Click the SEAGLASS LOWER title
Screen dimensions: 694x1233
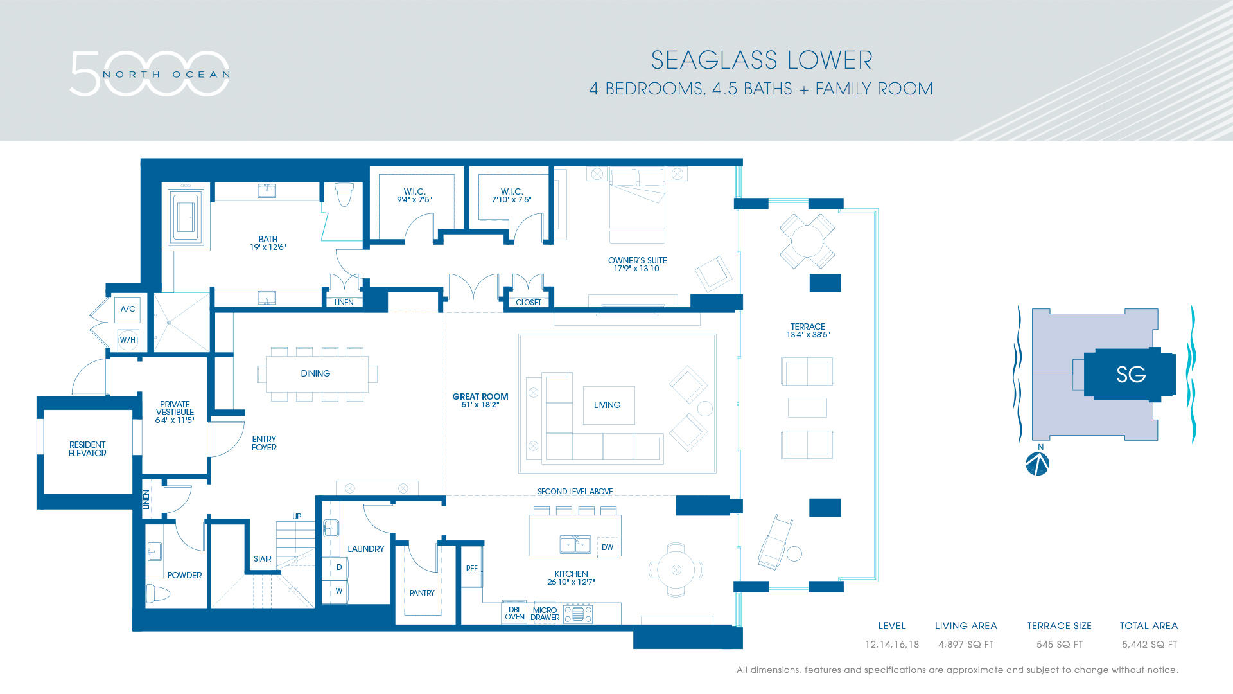click(x=762, y=60)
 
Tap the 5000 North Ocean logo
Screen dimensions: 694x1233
click(x=150, y=74)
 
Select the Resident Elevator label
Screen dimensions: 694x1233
click(x=87, y=449)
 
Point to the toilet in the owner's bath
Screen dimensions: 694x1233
click(x=345, y=194)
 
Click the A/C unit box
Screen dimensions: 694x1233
click(x=128, y=309)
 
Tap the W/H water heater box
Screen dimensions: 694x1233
click(x=127, y=339)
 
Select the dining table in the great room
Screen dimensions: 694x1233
click(x=317, y=373)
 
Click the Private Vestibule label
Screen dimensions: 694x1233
click(x=175, y=412)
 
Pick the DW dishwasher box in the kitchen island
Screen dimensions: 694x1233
click(x=608, y=547)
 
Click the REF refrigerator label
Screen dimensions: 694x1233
click(x=472, y=568)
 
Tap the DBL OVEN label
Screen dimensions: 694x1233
click(x=514, y=613)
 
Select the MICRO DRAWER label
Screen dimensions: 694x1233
click(x=545, y=614)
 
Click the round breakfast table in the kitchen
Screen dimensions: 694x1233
click(x=676, y=569)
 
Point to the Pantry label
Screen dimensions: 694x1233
click(x=422, y=592)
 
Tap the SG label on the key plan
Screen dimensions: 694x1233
click(x=1131, y=374)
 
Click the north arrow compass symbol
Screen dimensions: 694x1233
click(x=1037, y=463)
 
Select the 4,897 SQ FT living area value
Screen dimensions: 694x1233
click(x=966, y=644)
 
